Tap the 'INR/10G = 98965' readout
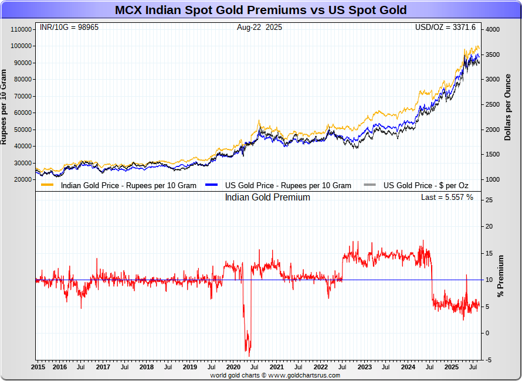[x=67, y=28]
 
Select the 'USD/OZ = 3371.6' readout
[x=445, y=28]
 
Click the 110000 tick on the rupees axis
[x=21, y=29]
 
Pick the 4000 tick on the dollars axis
[x=492, y=29]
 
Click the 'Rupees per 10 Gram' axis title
[x=4, y=107]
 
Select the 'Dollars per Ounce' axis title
[x=508, y=107]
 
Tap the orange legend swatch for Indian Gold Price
[x=48, y=185]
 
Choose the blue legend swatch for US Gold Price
[x=212, y=185]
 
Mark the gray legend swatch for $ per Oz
[x=370, y=185]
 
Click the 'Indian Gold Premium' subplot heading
[x=267, y=198]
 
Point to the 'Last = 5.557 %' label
[x=447, y=198]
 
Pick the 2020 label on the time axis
[x=233, y=367]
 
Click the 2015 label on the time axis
[x=38, y=367]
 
